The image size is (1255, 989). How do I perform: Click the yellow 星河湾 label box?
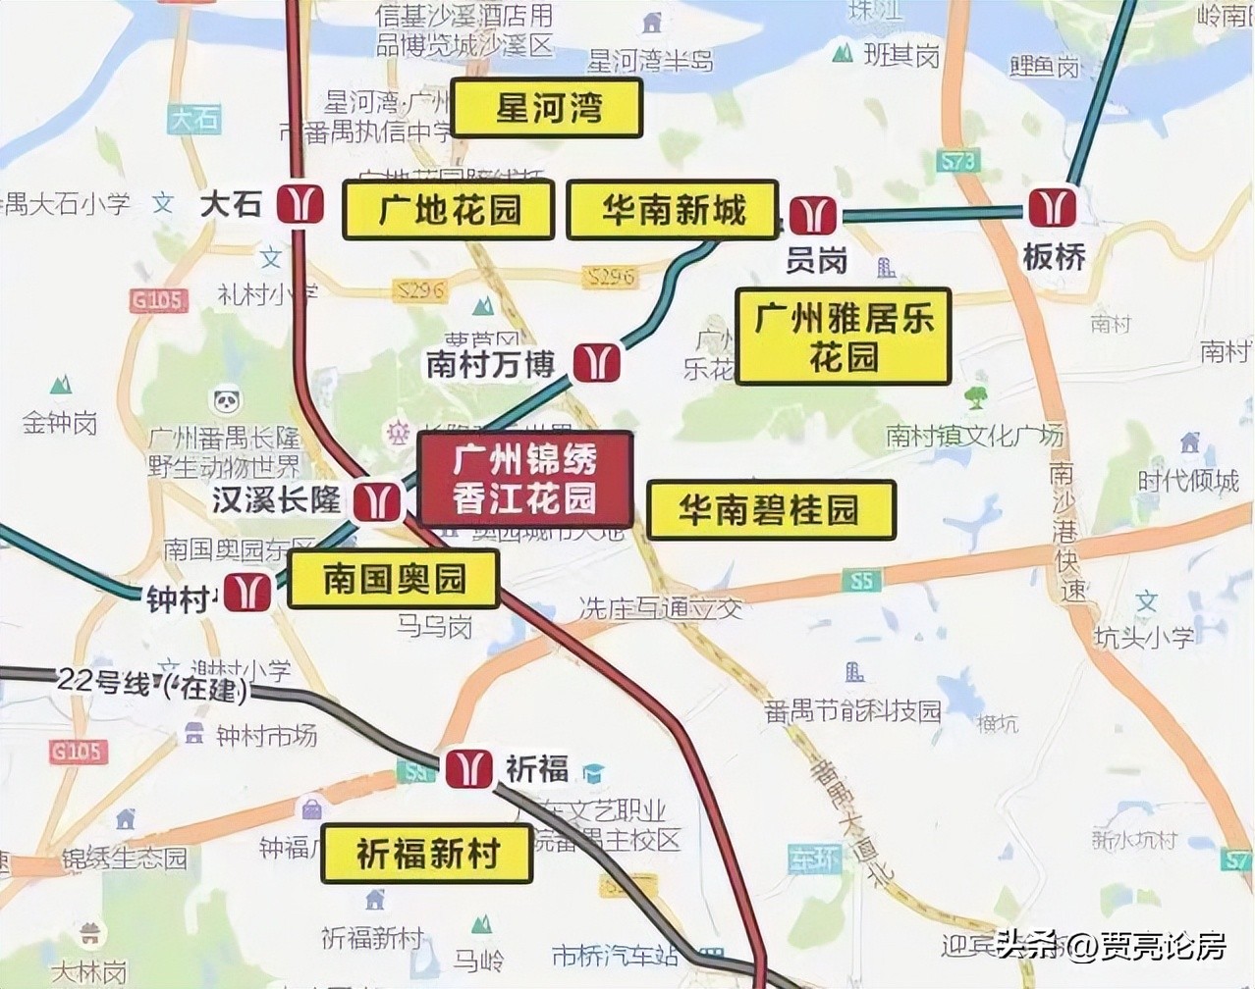(x=546, y=108)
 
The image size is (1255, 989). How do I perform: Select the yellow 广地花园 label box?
(x=449, y=210)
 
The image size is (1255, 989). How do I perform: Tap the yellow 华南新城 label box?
(x=673, y=210)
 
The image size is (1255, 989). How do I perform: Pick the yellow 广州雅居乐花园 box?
(x=843, y=336)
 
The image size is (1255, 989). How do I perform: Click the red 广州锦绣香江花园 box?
(x=524, y=479)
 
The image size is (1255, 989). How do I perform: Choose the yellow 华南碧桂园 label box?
(x=771, y=510)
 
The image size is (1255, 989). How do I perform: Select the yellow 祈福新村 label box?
(x=427, y=854)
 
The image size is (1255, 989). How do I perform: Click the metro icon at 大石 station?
(x=300, y=203)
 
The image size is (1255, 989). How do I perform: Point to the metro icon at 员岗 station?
(x=813, y=215)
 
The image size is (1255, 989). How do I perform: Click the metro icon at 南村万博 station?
(x=596, y=362)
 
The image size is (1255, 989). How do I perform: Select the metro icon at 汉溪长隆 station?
(x=377, y=500)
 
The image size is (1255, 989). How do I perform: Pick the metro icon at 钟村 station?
(x=247, y=594)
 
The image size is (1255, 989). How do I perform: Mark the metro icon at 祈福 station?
(x=468, y=768)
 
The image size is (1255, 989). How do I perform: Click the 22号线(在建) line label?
(x=152, y=683)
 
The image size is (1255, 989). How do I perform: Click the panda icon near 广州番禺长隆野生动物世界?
(x=227, y=401)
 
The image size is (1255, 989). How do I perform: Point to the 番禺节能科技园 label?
(x=852, y=710)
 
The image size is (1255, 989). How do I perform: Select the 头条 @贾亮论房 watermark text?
(x=1111, y=946)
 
